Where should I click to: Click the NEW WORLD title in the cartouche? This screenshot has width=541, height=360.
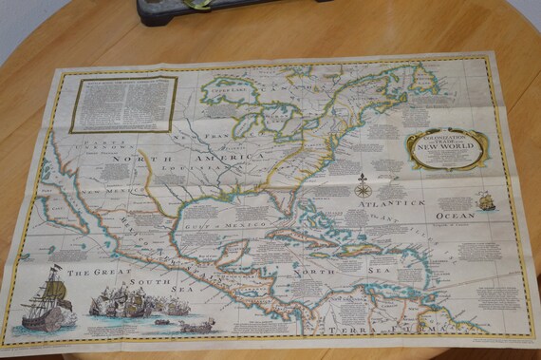[446, 147]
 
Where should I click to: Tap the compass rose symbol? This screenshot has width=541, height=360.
[363, 187]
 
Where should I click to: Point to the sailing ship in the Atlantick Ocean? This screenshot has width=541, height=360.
[486, 201]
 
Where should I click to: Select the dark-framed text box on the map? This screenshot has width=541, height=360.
[122, 103]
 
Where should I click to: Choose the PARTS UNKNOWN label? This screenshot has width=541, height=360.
[90, 147]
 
